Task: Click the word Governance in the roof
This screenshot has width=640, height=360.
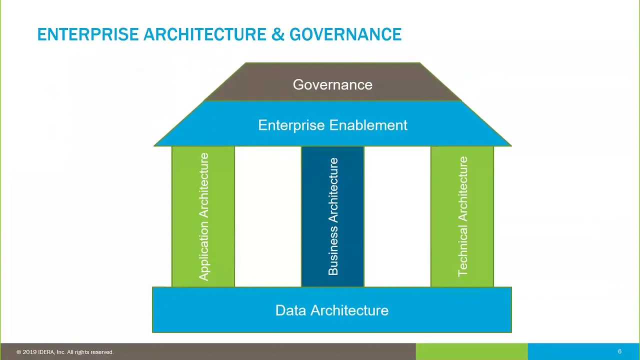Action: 332,85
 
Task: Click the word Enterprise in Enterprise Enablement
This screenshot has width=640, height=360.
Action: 291,125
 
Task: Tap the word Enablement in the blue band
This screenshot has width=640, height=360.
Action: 368,125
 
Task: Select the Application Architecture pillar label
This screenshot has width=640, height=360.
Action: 203,216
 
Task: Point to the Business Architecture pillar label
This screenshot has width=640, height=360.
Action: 333,216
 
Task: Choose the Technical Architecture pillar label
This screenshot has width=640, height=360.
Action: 462,216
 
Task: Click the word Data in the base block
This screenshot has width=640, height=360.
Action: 290,310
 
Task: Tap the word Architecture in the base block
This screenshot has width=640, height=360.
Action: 349,310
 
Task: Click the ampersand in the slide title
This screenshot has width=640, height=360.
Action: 277,34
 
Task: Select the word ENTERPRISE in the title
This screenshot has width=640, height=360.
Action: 88,34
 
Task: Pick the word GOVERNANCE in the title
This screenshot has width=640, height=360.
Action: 345,34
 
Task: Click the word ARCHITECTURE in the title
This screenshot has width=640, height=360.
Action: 205,34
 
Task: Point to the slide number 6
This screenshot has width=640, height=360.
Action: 619,351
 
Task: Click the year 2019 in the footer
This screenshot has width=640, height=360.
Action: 29,352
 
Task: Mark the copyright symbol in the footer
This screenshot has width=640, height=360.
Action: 19,352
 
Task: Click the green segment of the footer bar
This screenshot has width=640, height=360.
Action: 471,351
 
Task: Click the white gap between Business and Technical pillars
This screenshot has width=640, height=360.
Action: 397,216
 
